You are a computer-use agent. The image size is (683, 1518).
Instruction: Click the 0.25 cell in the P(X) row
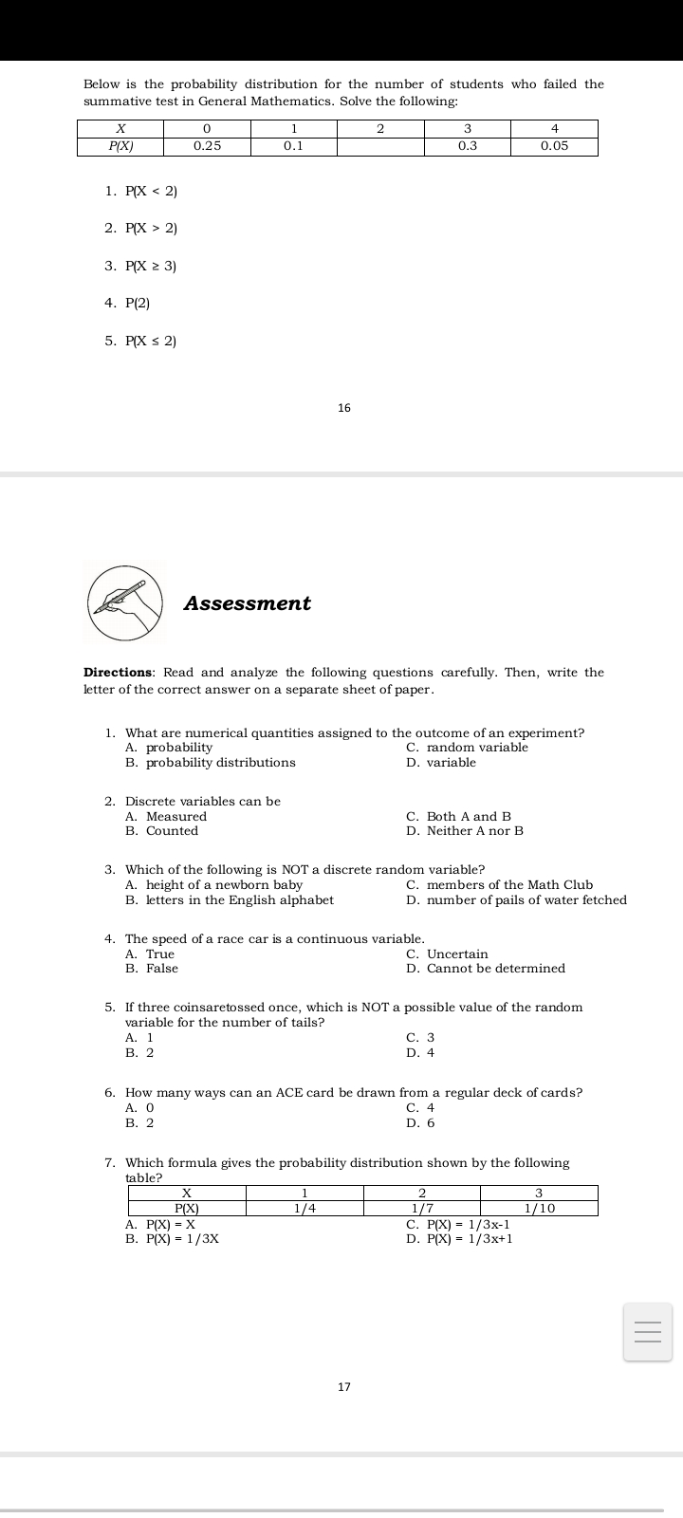207,146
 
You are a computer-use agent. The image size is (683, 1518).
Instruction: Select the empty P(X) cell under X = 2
379,146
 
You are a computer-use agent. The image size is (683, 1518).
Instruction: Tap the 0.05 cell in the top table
554,146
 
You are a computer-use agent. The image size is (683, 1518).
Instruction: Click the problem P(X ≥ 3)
151,266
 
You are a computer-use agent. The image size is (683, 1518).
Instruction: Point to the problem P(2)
138,303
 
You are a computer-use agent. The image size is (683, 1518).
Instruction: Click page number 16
343,408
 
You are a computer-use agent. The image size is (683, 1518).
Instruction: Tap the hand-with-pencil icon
125,602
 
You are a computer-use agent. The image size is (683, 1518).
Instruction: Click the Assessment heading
247,603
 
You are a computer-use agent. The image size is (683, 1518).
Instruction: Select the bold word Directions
119,673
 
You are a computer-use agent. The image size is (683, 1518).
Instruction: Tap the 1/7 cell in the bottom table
422,1209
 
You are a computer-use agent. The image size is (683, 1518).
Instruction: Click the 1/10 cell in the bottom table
539,1209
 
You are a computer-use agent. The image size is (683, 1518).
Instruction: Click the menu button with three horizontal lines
647,1332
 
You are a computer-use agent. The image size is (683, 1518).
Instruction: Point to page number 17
343,1387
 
